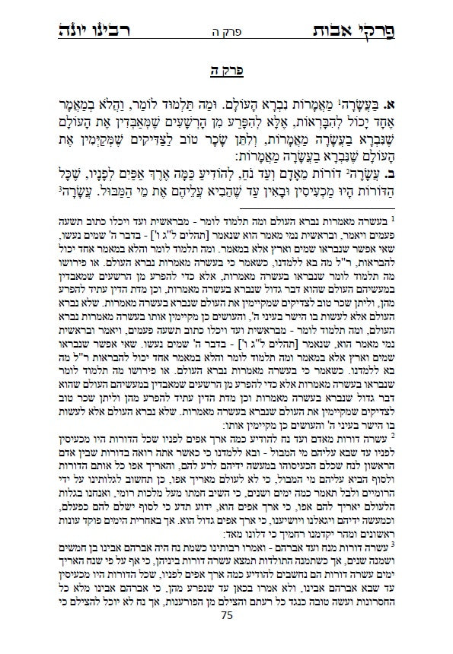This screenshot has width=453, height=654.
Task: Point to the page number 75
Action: pos(226,637)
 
